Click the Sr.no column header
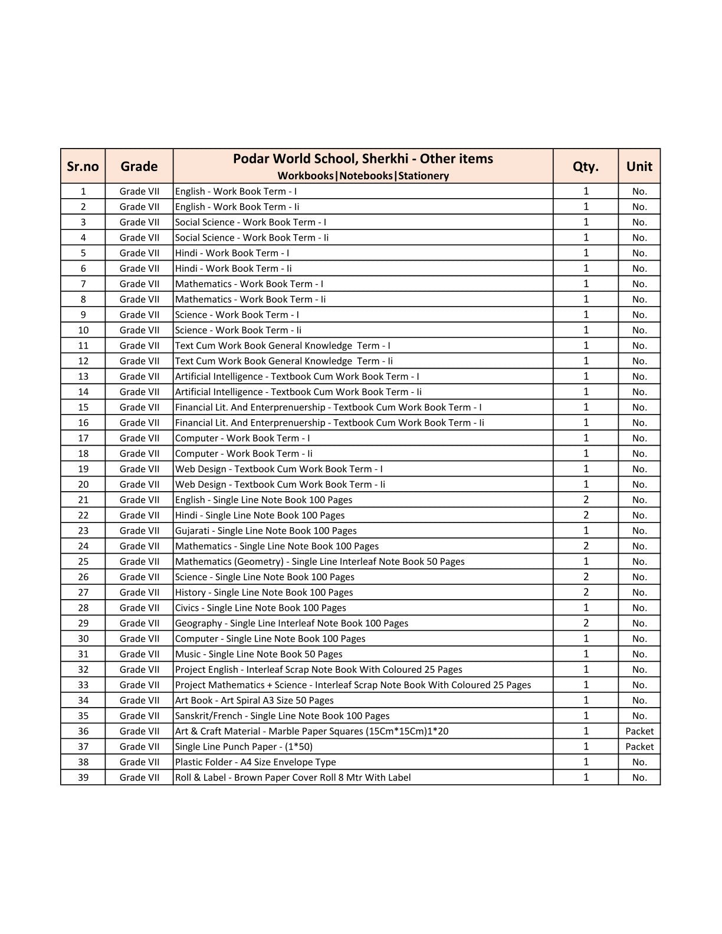pyautogui.click(x=83, y=166)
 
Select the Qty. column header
pyautogui.click(x=585, y=166)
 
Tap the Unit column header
pyautogui.click(x=639, y=166)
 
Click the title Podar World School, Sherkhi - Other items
pyautogui.click(x=363, y=159)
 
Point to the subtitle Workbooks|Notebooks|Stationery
pyautogui.click(x=363, y=176)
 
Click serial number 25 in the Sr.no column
pyautogui.click(x=83, y=561)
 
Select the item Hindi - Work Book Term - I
pyautogui.click(x=232, y=253)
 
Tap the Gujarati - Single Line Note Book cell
pyautogui.click(x=265, y=531)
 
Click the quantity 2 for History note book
pyautogui.click(x=586, y=592)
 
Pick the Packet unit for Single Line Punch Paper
pyautogui.click(x=639, y=746)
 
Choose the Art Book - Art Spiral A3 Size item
pyautogui.click(x=254, y=700)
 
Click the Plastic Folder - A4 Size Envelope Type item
pyautogui.click(x=255, y=762)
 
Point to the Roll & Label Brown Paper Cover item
pyautogui.click(x=293, y=777)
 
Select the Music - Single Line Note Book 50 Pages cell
pyautogui.click(x=258, y=654)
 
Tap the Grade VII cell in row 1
pyautogui.click(x=139, y=191)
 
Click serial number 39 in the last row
pyautogui.click(x=83, y=777)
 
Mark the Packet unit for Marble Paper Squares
pyautogui.click(x=639, y=731)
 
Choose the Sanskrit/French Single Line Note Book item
pyautogui.click(x=282, y=716)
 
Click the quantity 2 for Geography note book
pyautogui.click(x=586, y=623)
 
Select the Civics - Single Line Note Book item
pyautogui.click(x=260, y=608)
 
